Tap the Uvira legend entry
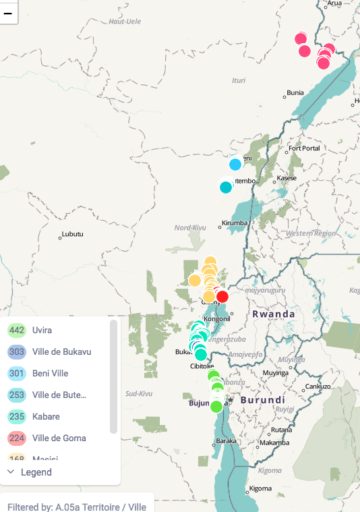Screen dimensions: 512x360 [42, 330]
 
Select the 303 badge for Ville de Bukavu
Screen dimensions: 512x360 [17, 351]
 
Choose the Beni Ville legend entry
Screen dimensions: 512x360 [50, 373]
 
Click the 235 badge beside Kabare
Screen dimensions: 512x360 [17, 416]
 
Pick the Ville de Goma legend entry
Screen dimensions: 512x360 [59, 438]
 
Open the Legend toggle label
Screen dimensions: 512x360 [36, 472]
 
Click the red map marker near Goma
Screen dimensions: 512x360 [222, 297]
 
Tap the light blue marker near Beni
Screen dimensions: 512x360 [235, 164]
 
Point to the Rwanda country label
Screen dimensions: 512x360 [274, 314]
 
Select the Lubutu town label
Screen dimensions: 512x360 [72, 234]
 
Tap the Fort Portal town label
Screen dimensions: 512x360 [303, 148]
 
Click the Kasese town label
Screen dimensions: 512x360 [287, 178]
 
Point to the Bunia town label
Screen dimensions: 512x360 [295, 92]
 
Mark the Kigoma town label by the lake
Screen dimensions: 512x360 [260, 488]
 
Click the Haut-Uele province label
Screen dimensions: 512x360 [125, 22]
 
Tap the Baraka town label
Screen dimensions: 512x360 [225, 441]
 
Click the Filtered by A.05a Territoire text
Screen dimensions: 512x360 [77, 507]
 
